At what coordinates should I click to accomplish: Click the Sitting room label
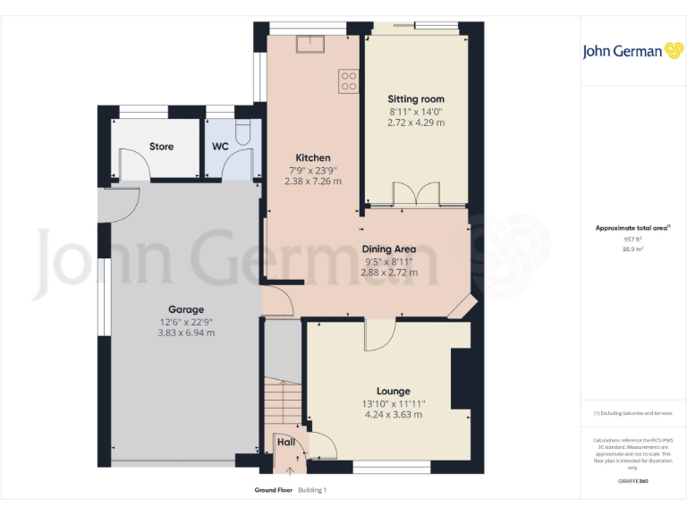[x=415, y=98]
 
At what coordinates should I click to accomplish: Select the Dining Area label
[x=389, y=249]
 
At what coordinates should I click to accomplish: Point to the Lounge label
[x=393, y=391]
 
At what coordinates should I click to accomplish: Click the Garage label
[x=186, y=309]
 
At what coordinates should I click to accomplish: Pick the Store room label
[x=161, y=146]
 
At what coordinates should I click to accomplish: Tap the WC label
[x=220, y=146]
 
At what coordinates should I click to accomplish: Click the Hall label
[x=285, y=442]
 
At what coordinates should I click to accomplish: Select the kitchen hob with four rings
[x=349, y=81]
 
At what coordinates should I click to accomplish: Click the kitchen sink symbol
[x=316, y=43]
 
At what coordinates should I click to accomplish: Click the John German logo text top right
[x=623, y=51]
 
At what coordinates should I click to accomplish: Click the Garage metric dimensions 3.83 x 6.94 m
[x=186, y=333]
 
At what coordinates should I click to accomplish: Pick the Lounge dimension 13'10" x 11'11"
[x=393, y=403]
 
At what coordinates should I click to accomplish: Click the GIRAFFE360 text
[x=632, y=482]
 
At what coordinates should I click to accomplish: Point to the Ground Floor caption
[x=274, y=490]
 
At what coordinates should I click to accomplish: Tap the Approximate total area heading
[x=632, y=228]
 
